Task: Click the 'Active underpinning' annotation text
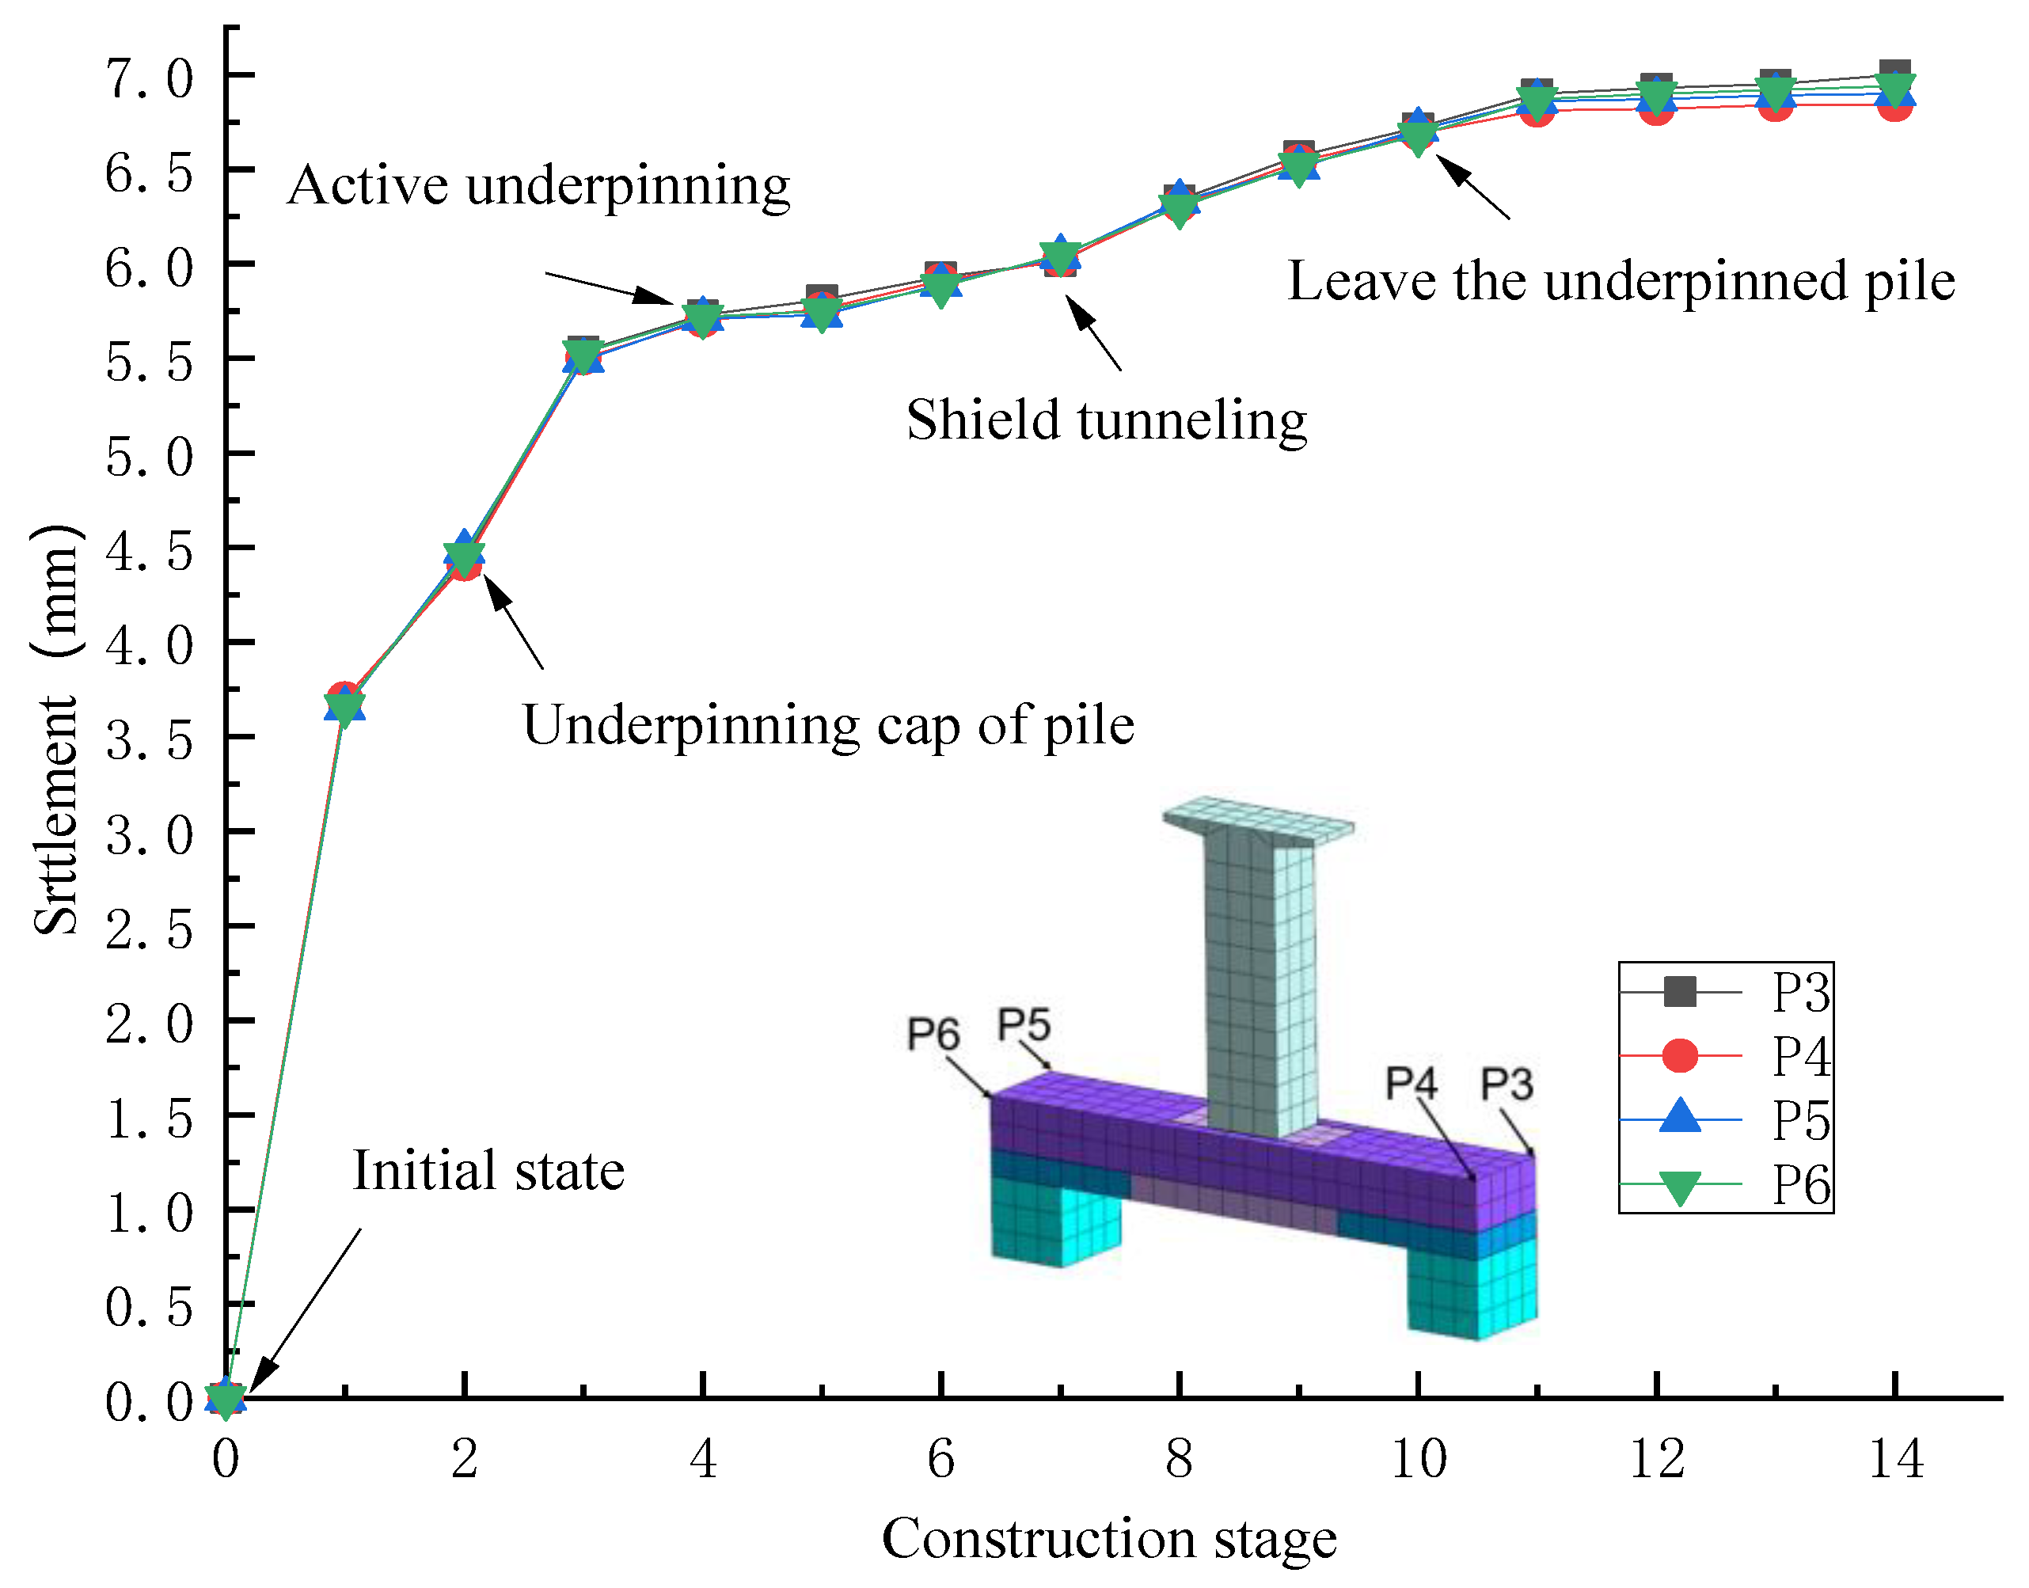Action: click(x=538, y=186)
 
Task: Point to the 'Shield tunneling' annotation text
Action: click(x=1107, y=420)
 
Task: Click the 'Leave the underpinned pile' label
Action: click(x=1621, y=281)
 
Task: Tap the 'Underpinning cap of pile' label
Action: click(x=827, y=725)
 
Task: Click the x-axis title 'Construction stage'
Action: click(x=1108, y=1539)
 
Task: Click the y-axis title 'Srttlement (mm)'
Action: click(x=55, y=730)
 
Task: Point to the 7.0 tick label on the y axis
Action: click(x=149, y=78)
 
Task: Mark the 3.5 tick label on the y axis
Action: click(x=149, y=740)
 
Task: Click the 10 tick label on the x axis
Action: click(x=1418, y=1458)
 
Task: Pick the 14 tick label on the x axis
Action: click(x=1895, y=1458)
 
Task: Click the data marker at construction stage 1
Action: click(x=345, y=705)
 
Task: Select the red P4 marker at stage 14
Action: click(x=1895, y=104)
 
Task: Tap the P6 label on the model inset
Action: click(x=933, y=1033)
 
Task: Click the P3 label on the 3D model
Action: click(x=1507, y=1083)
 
